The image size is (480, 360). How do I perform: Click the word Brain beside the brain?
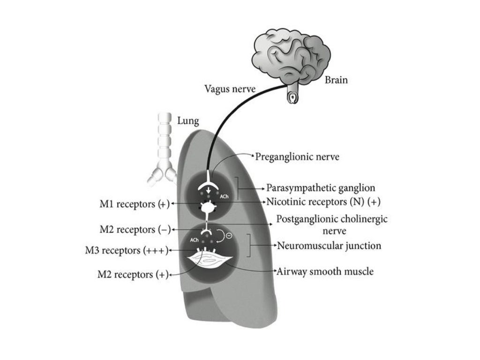tap(336, 80)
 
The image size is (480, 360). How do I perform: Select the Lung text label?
tap(188, 121)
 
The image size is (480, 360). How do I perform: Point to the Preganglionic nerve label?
tap(297, 157)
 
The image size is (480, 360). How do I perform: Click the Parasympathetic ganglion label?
tap(321, 188)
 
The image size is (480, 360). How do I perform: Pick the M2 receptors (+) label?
tap(133, 274)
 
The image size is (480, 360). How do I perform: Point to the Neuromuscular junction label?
tap(329, 245)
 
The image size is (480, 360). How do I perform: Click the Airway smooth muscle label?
tap(325, 271)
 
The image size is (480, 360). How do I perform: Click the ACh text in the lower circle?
tap(194, 240)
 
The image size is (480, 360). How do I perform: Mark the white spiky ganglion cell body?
tap(208, 206)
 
